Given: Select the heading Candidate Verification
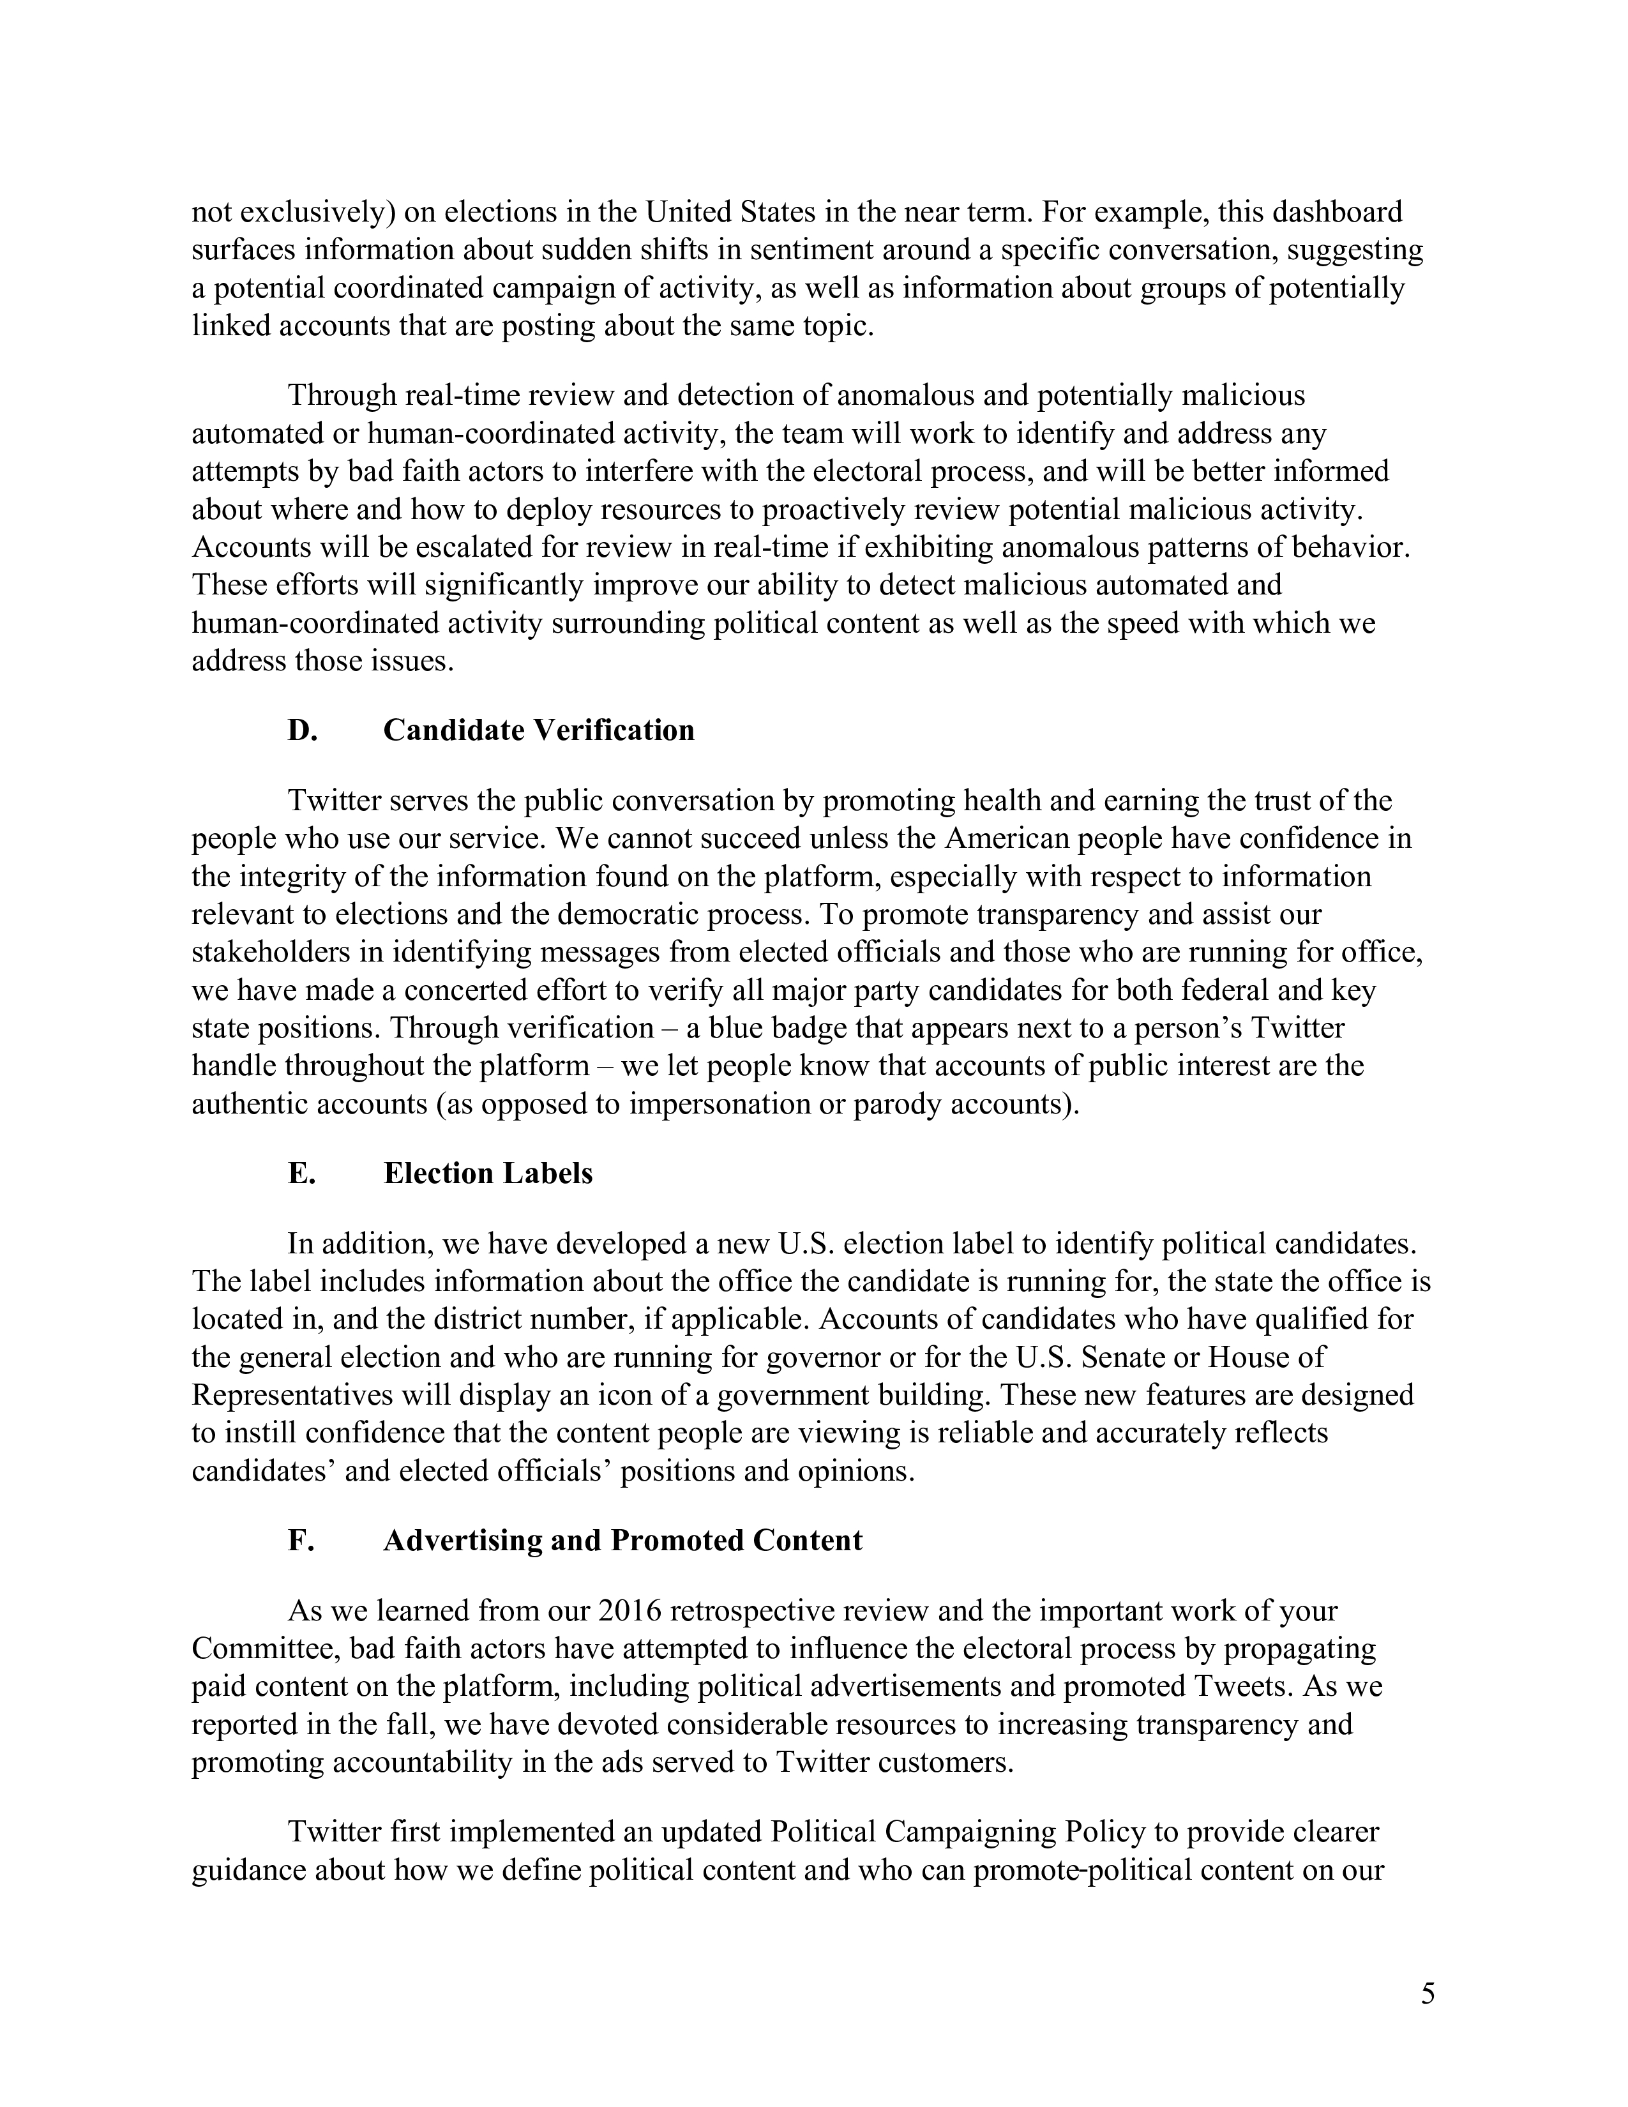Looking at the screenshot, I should click(538, 730).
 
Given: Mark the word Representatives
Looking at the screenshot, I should click(292, 1395).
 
